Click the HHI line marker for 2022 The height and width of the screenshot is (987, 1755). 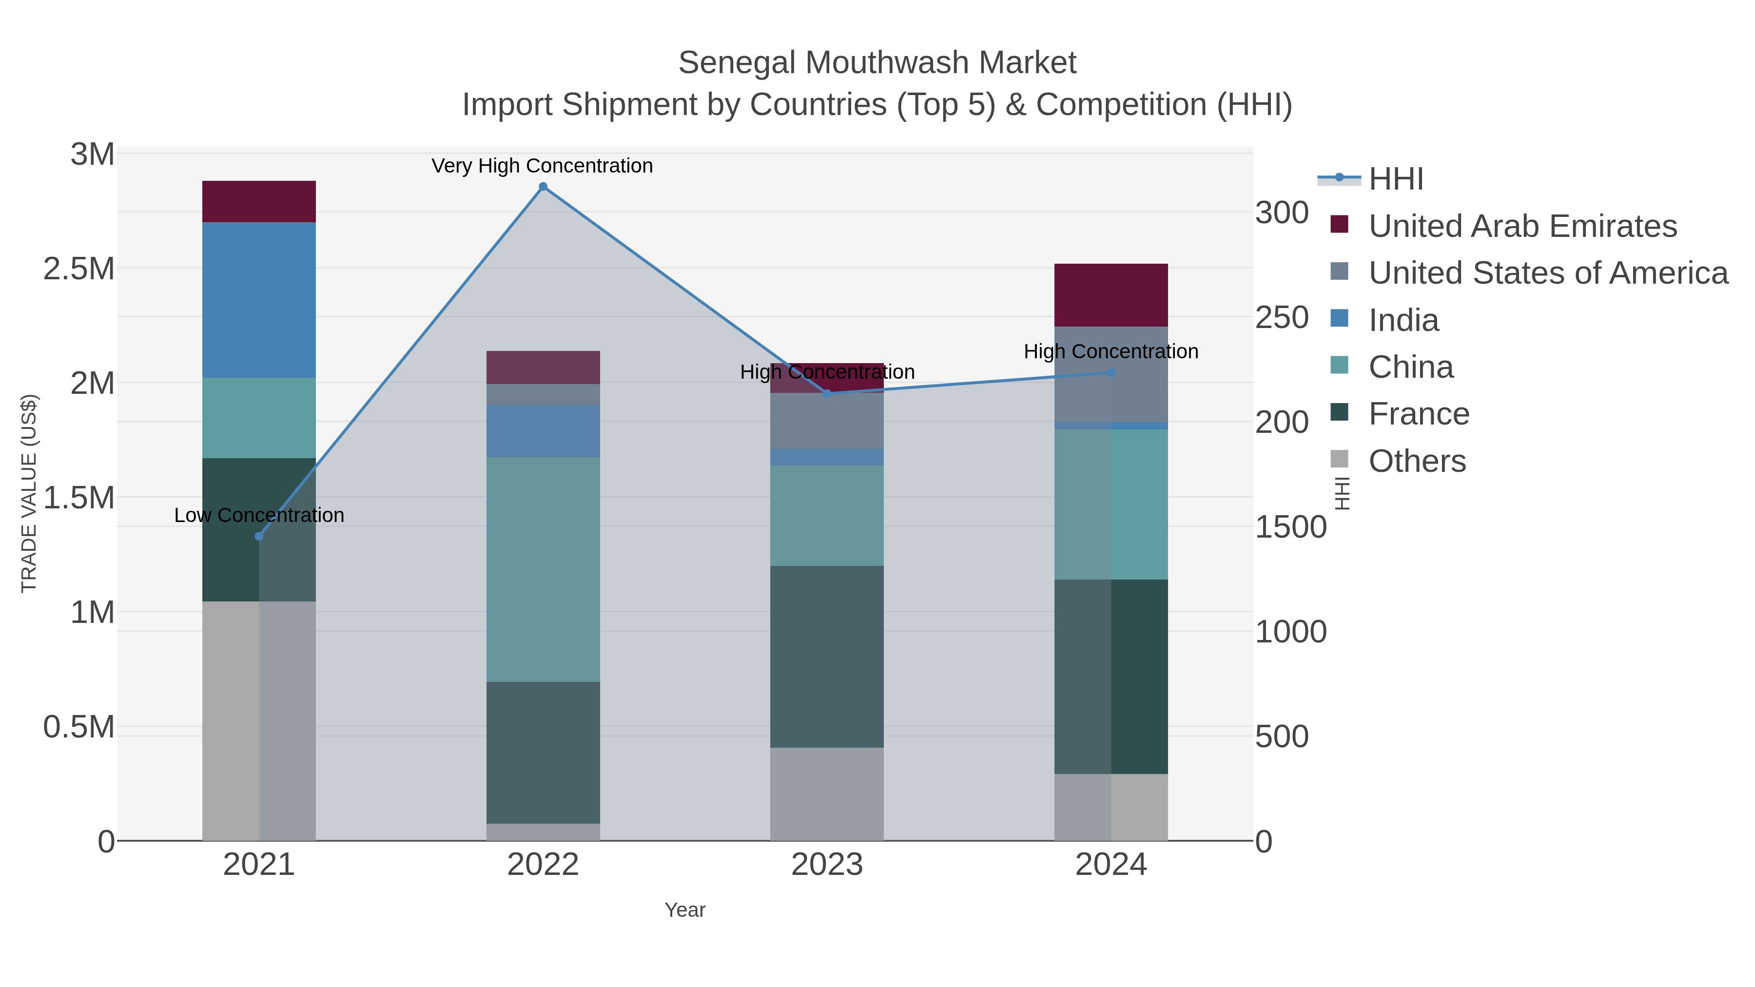point(543,187)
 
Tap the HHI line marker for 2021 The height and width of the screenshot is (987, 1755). point(259,537)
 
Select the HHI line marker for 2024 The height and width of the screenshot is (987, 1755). point(1111,372)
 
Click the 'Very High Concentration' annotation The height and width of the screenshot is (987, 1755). point(542,166)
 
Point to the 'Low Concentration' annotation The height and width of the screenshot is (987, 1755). point(259,516)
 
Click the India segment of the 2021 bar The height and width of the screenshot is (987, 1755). point(259,300)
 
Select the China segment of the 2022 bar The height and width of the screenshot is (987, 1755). point(543,569)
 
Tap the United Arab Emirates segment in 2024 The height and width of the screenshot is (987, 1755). point(1111,295)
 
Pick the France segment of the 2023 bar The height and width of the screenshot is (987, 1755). point(827,657)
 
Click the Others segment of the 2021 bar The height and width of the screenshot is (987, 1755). point(259,721)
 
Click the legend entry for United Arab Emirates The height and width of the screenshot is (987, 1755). point(1522,226)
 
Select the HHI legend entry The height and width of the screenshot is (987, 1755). point(1396,179)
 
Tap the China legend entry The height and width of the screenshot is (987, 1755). point(1411,367)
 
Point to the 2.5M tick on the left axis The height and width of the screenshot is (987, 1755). point(79,269)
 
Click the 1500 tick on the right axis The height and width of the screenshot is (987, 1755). point(1291,527)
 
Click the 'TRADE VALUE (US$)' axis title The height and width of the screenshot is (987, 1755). point(29,493)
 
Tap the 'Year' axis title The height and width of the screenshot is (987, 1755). point(685,910)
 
